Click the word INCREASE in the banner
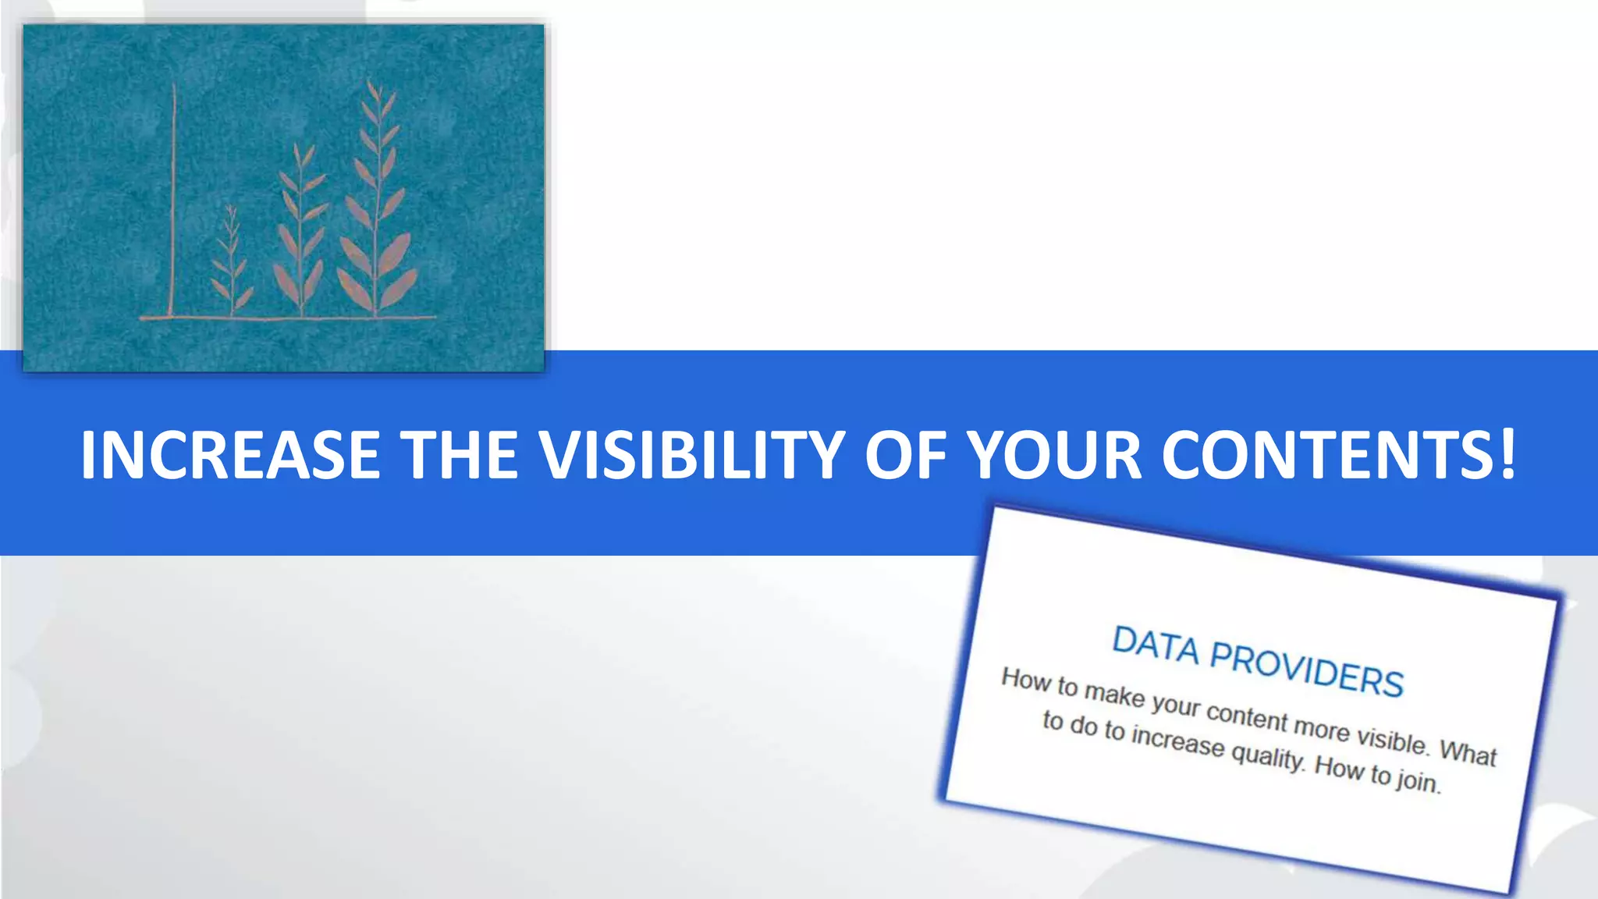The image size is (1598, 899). (230, 455)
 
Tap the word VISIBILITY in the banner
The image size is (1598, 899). (693, 455)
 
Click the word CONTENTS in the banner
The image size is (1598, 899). (1326, 455)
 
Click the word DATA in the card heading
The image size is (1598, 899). (1155, 646)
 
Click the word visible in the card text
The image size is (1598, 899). (1393, 739)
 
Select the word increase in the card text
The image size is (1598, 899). (1178, 741)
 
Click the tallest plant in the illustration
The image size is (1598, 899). (378, 203)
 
